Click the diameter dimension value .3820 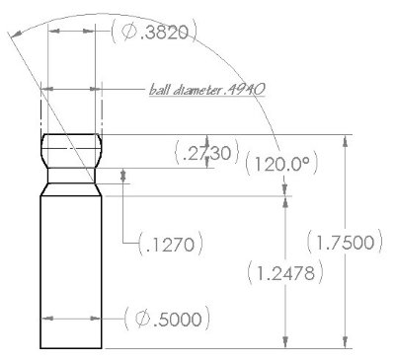click(155, 32)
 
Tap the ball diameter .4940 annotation click(207, 90)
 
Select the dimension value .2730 click(207, 153)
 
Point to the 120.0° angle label click(281, 164)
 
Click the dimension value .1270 click(170, 245)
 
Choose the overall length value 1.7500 click(345, 243)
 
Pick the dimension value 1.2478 click(285, 272)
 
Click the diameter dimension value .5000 click(167, 319)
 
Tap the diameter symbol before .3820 click(127, 32)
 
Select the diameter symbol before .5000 click(142, 319)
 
